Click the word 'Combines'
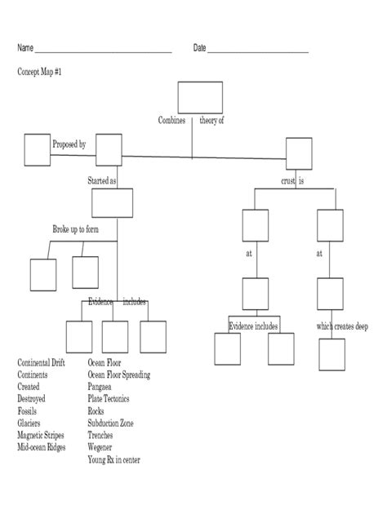tap(171, 120)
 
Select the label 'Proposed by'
tap(69, 144)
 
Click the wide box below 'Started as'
tap(112, 203)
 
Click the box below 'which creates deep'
tap(332, 355)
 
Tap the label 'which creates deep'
tap(342, 326)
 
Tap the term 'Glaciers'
tap(33, 423)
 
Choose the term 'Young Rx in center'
tap(113, 460)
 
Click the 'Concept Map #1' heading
tap(39, 72)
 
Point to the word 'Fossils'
tap(31, 411)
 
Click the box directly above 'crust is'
tap(299, 151)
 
